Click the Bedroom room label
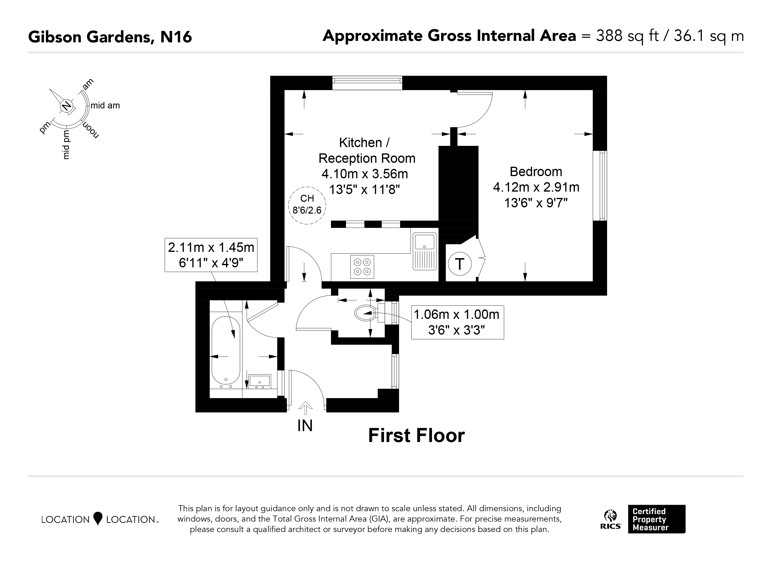[x=536, y=172]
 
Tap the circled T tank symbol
[x=460, y=264]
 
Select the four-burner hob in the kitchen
[x=362, y=267]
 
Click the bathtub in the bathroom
[x=226, y=350]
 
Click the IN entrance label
[x=305, y=426]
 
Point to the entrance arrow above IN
[x=305, y=408]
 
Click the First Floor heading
[x=417, y=436]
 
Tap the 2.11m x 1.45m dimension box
[x=211, y=255]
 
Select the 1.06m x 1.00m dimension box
[x=457, y=322]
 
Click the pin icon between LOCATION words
[x=98, y=519]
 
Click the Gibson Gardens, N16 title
[x=110, y=37]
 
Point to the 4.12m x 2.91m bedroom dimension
[x=536, y=187]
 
